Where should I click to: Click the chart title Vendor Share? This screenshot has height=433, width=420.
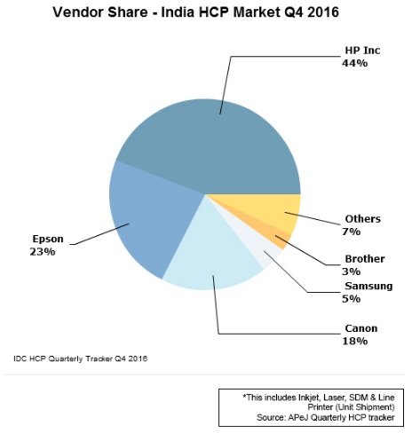[x=100, y=12]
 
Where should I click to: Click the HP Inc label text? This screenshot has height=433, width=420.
[x=362, y=51]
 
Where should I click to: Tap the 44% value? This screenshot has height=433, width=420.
[x=355, y=63]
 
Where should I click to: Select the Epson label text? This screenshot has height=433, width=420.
[x=48, y=239]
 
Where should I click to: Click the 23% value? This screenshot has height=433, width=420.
[x=43, y=252]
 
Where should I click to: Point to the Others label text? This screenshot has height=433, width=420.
[x=363, y=219]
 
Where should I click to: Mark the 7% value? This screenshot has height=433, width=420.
[x=352, y=232]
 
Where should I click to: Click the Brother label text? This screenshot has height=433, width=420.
[x=365, y=259]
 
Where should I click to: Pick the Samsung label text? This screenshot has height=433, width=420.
[x=368, y=286]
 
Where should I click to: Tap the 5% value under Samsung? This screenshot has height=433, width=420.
[x=352, y=299]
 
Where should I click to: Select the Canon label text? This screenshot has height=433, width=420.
[x=361, y=328]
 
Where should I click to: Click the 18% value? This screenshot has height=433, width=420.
[x=355, y=341]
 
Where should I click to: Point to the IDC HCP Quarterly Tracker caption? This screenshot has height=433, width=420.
[x=80, y=358]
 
